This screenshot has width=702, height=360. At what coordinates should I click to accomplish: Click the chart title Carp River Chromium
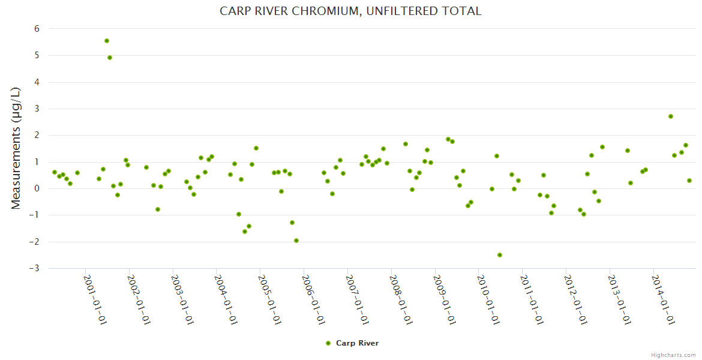tap(350, 11)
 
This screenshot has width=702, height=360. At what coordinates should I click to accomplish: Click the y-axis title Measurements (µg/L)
tap(16, 148)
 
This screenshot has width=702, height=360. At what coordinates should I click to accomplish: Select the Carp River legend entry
tap(357, 343)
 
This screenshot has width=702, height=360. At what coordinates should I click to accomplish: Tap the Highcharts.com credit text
tap(673, 355)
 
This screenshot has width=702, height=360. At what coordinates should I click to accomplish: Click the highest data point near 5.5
tap(107, 41)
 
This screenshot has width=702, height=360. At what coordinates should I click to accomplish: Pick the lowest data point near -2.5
tap(500, 255)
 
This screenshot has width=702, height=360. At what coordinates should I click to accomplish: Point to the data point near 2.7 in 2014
tap(671, 116)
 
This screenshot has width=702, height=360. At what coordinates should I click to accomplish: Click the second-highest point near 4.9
tap(110, 58)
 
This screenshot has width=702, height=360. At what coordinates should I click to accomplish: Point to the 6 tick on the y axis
tap(37, 29)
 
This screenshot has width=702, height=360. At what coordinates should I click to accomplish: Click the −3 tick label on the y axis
tap(35, 268)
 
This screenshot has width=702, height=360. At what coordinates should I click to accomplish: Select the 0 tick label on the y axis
tap(37, 188)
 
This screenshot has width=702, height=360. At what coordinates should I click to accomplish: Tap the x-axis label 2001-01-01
tap(95, 299)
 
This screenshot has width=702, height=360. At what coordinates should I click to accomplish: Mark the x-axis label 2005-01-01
tap(269, 299)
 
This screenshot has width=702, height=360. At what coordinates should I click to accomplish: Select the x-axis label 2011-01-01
tap(532, 299)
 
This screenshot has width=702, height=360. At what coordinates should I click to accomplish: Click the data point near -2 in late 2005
tap(296, 241)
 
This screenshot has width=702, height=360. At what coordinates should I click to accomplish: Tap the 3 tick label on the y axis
tap(37, 109)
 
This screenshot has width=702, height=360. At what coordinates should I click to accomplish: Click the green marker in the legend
tap(328, 343)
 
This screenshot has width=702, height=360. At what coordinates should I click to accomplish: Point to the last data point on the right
tap(689, 181)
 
